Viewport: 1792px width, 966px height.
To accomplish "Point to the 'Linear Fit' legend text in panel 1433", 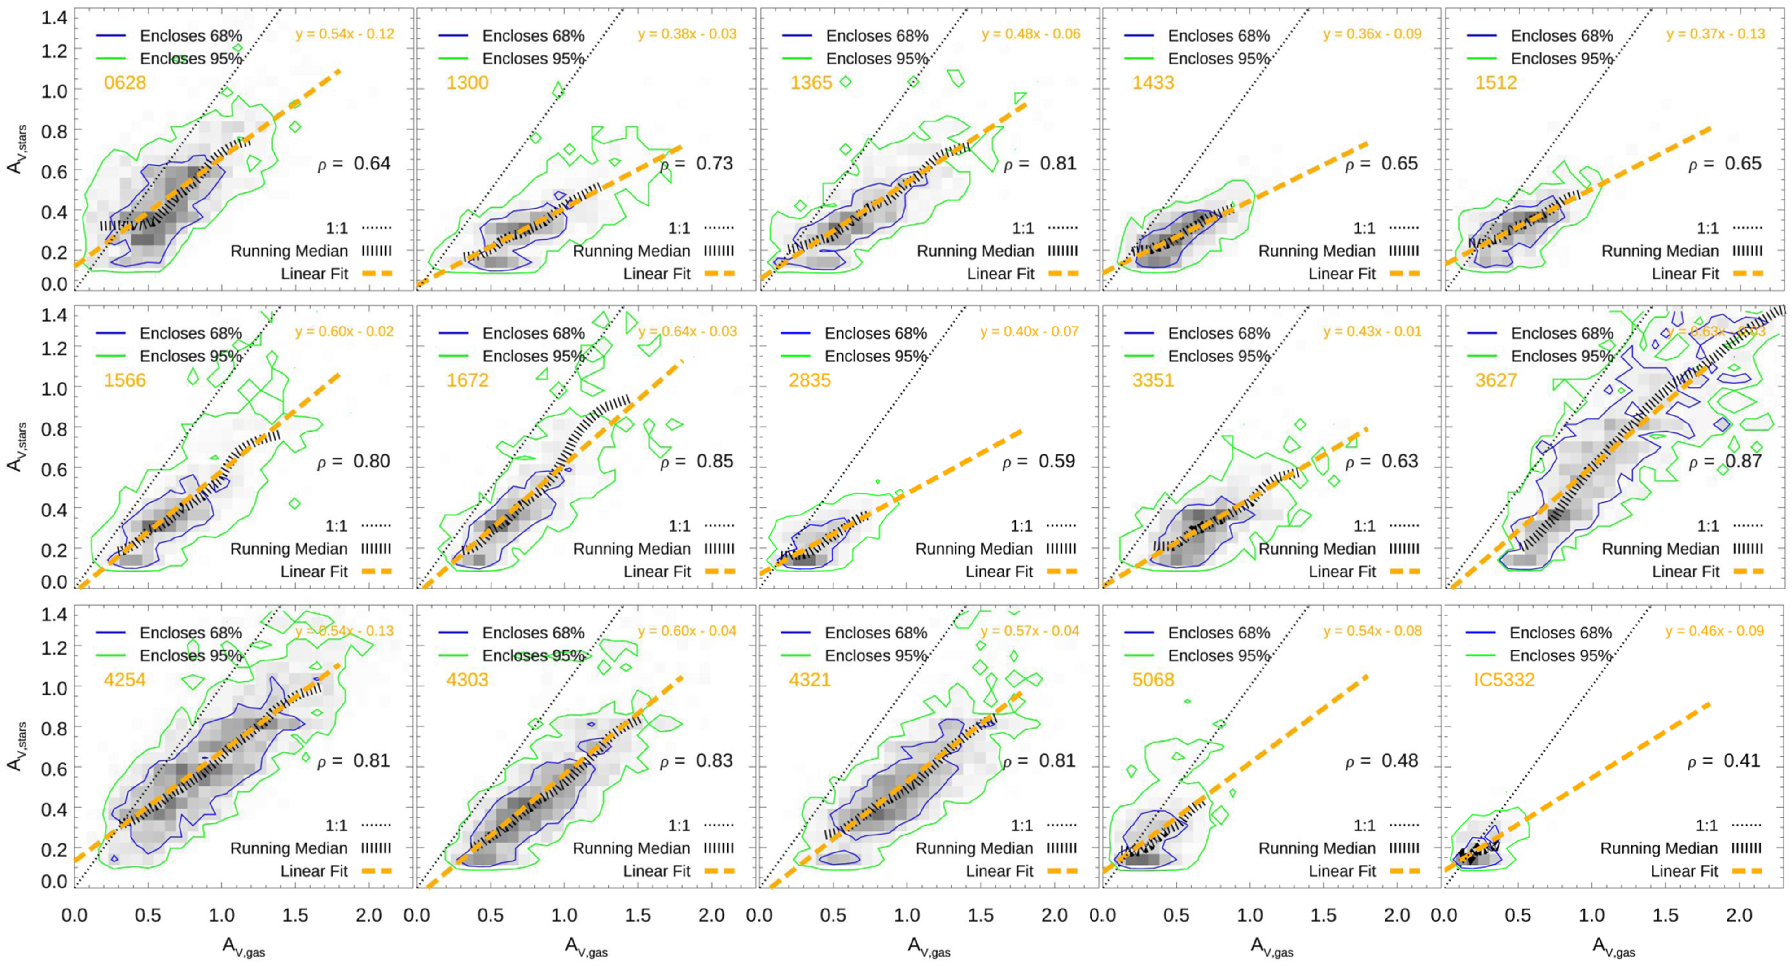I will (1342, 273).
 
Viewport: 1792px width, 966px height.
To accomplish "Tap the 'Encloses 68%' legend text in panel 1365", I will (876, 36).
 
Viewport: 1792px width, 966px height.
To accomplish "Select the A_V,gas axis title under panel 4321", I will (929, 947).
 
